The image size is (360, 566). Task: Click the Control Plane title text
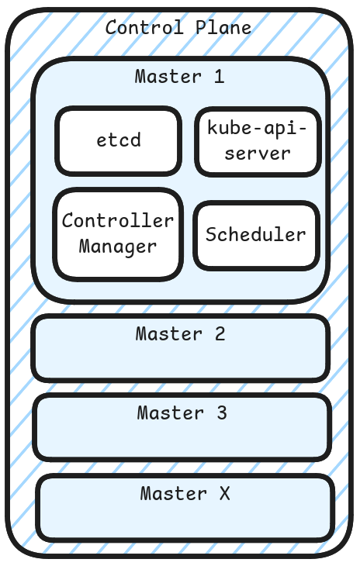click(x=178, y=28)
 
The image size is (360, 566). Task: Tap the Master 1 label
click(x=179, y=77)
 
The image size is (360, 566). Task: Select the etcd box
click(x=118, y=141)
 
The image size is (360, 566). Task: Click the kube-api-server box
click(x=258, y=141)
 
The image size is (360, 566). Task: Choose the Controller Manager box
click(x=118, y=233)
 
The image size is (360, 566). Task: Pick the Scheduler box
click(x=255, y=235)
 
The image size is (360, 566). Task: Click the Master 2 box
click(x=180, y=348)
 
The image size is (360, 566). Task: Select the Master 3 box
click(x=182, y=427)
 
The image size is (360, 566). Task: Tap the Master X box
click(x=185, y=507)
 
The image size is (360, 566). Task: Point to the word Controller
click(x=118, y=221)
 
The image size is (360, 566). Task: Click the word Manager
click(x=118, y=247)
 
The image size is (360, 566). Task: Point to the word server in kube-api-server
click(x=258, y=154)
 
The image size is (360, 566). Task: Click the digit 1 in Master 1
click(x=219, y=77)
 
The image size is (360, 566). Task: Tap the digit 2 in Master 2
click(x=220, y=334)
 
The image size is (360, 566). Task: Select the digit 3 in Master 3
click(x=222, y=413)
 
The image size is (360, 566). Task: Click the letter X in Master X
click(x=224, y=493)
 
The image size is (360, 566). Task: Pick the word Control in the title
click(x=144, y=28)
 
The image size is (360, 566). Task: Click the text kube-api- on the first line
click(x=258, y=128)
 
